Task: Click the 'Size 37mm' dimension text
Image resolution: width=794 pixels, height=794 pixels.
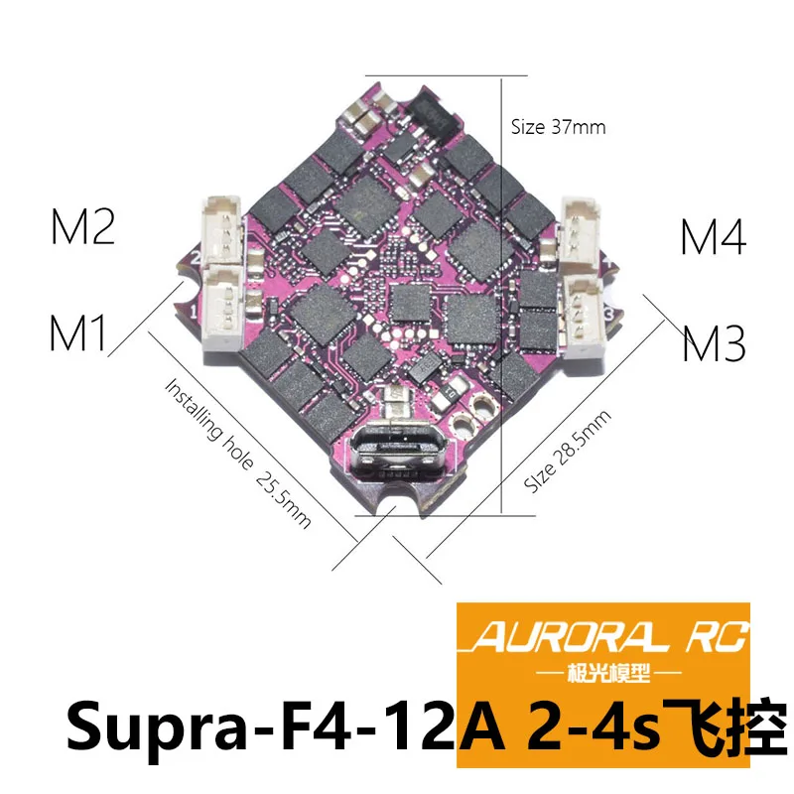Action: click(x=558, y=127)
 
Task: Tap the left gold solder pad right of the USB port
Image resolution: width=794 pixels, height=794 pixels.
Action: click(x=461, y=424)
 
